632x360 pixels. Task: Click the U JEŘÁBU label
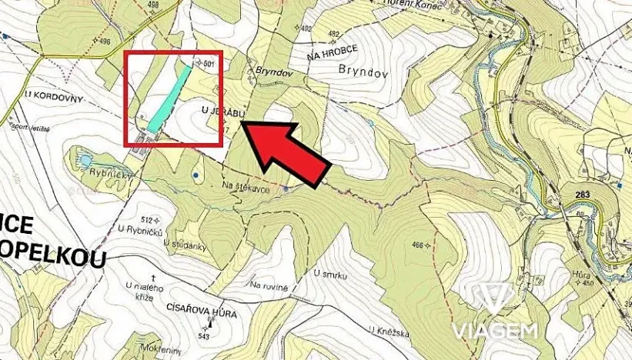click(222, 113)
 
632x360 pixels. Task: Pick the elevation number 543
click(205, 336)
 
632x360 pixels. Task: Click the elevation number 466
click(419, 245)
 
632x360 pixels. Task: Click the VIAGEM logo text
click(505, 331)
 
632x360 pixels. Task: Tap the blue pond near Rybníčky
click(82, 160)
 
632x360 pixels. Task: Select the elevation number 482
click(333, 34)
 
